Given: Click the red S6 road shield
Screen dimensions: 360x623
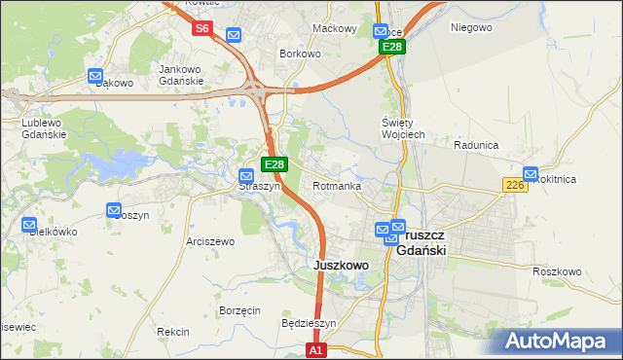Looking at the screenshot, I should (x=202, y=28).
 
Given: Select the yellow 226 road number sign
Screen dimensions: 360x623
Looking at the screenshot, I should (x=515, y=185).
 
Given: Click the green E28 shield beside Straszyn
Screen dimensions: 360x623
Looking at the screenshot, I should (x=275, y=165).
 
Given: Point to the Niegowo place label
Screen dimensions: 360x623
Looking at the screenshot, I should (x=471, y=27).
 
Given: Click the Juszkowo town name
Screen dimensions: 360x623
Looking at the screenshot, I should (x=341, y=265).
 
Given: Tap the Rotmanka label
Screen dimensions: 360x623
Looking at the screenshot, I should (x=337, y=186).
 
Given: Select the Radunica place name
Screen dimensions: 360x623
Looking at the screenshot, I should (x=476, y=145).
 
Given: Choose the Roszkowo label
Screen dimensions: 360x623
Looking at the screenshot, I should (x=557, y=271).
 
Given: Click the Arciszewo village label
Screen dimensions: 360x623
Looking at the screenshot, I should (x=210, y=241).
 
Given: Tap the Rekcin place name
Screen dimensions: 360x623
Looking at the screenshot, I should (x=172, y=332).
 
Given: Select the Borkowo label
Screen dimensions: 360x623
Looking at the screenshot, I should (x=300, y=54).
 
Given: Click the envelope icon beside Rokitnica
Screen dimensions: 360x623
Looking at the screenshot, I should (x=531, y=172).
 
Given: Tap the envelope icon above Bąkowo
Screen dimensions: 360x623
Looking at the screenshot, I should (x=95, y=75).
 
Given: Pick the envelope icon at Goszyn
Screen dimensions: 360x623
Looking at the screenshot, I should (x=113, y=209).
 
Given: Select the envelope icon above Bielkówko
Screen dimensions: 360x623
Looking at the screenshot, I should (x=29, y=225).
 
